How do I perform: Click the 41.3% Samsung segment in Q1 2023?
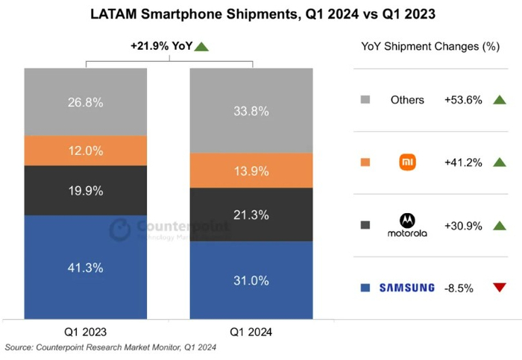(85, 267)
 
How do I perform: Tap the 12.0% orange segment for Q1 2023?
(85, 151)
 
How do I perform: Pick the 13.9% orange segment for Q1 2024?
(251, 171)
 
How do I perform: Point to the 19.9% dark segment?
(85, 191)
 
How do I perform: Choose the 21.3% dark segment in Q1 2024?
(251, 215)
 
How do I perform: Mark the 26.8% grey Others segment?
(85, 102)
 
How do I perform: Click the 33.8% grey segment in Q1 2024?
(251, 111)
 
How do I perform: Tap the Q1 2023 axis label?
(85, 331)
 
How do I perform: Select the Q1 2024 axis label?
(251, 331)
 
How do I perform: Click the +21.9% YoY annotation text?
(161, 46)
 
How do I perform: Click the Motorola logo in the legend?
(407, 225)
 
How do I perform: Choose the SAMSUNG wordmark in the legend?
(407, 288)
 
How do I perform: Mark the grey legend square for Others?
(365, 100)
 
